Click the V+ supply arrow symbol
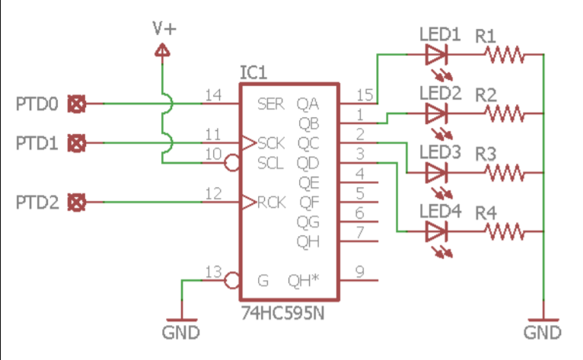point(162,51)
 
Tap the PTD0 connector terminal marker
point(76,104)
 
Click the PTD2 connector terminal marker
point(76,202)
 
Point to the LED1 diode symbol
point(436,55)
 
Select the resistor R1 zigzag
point(505,55)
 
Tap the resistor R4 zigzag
point(505,231)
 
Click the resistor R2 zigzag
point(505,114)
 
